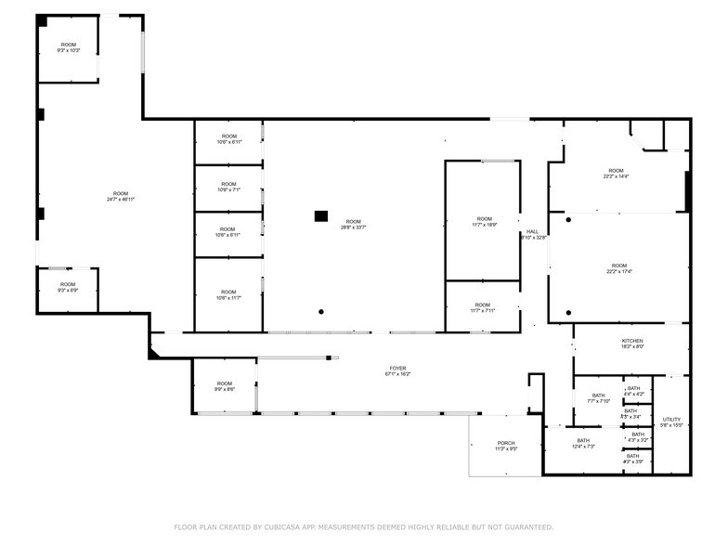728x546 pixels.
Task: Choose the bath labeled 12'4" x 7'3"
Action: click(x=583, y=443)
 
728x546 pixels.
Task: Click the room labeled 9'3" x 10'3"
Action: click(x=69, y=47)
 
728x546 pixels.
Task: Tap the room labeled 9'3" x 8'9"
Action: click(x=68, y=287)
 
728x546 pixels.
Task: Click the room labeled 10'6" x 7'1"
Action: click(x=228, y=187)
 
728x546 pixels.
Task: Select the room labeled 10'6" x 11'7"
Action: click(x=228, y=295)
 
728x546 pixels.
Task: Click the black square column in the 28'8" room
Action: click(x=321, y=215)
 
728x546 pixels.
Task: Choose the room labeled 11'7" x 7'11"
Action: click(x=483, y=307)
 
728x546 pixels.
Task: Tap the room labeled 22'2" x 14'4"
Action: click(x=616, y=174)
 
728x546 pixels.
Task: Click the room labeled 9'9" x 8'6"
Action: click(x=225, y=386)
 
